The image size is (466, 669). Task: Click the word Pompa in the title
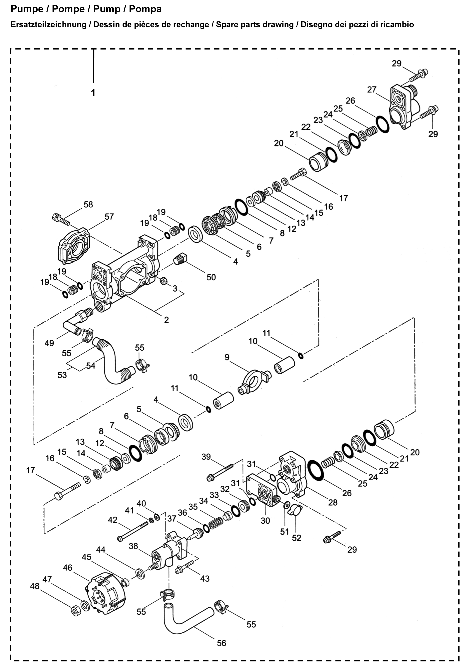pyautogui.click(x=145, y=9)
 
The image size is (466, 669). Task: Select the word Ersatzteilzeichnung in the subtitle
pyautogui.click(x=48, y=25)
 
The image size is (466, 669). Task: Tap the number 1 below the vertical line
pyautogui.click(x=93, y=93)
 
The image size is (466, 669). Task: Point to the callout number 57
pyautogui.click(x=109, y=217)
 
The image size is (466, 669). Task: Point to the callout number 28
pyautogui.click(x=333, y=502)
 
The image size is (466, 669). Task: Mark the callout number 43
pyautogui.click(x=205, y=578)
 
